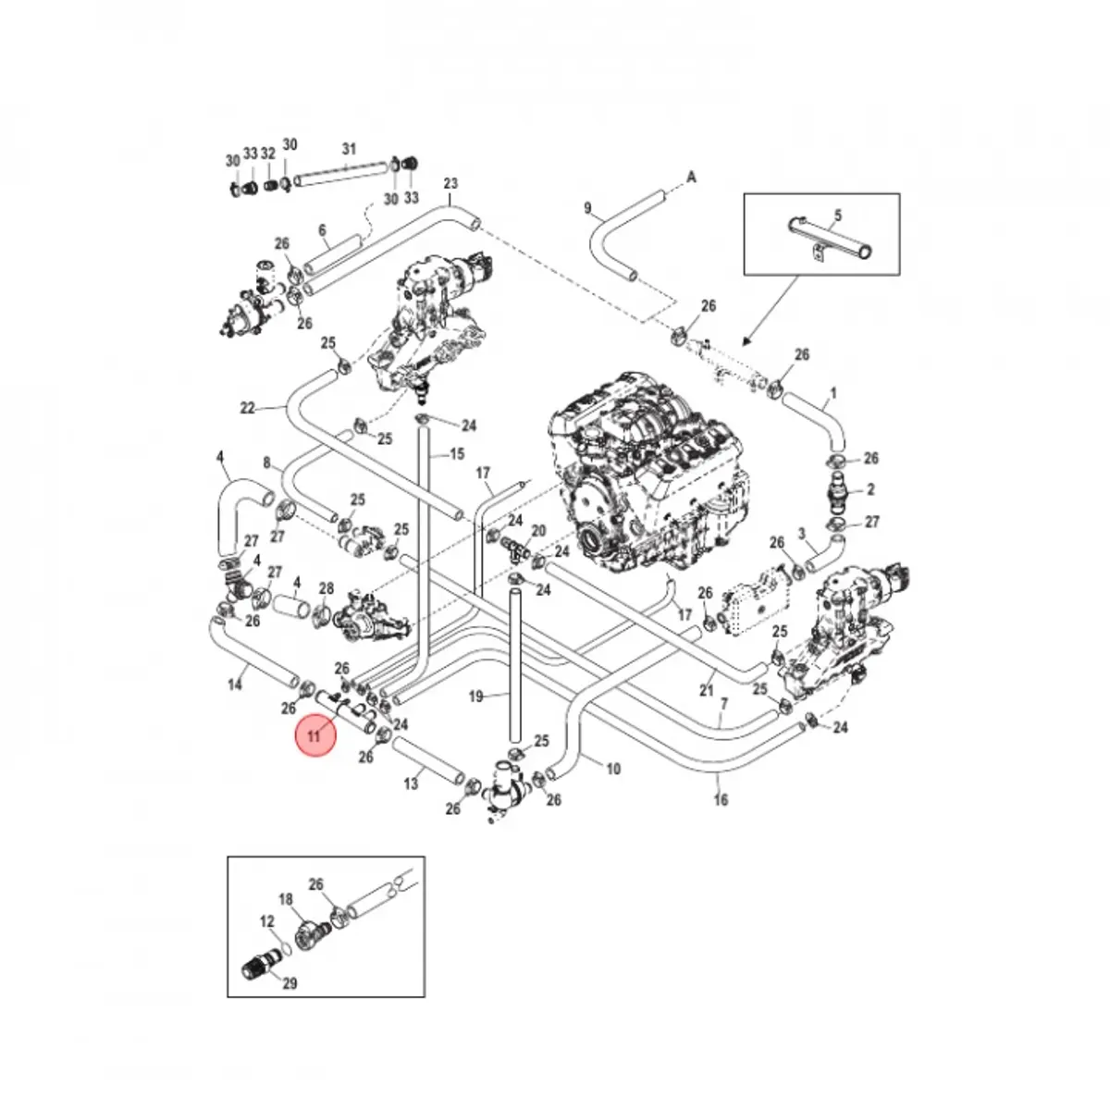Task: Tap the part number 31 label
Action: [x=349, y=149]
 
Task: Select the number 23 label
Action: [x=450, y=184]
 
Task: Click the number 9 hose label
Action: [x=587, y=208]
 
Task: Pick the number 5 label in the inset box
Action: [x=836, y=216]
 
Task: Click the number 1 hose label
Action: [x=832, y=393]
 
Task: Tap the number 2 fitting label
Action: [x=870, y=490]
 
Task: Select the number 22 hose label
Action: [x=247, y=408]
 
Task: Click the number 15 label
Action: [x=457, y=454]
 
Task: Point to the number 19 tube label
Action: [x=476, y=696]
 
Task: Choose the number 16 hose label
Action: [x=721, y=799]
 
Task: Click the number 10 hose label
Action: [x=612, y=768]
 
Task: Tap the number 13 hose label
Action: [x=411, y=783]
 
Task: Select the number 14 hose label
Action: [x=235, y=684]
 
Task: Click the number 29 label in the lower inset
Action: [x=290, y=983]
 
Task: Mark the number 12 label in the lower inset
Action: [x=267, y=921]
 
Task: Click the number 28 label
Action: [x=326, y=589]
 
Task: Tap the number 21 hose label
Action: [x=707, y=690]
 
